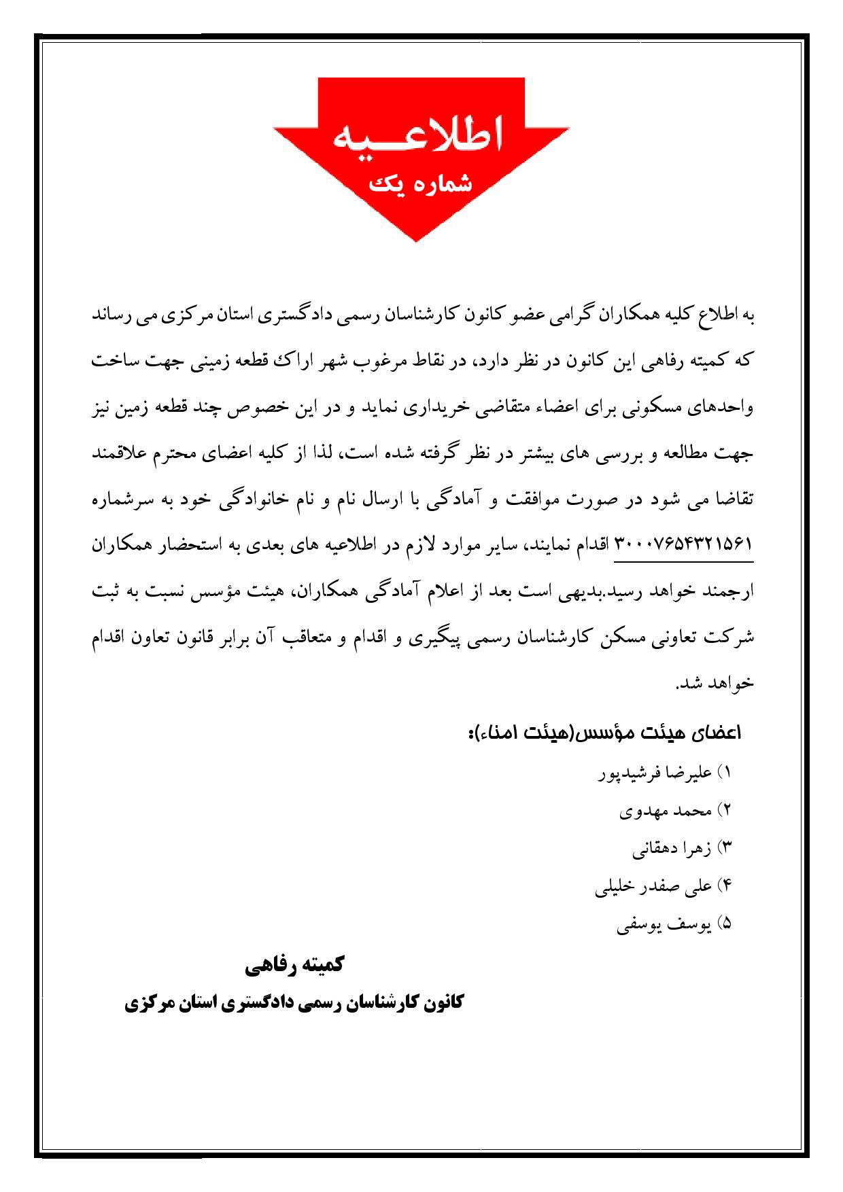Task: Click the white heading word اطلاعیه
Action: (x=418, y=136)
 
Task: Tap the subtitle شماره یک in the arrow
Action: (x=419, y=183)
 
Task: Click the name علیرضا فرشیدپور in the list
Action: (x=655, y=773)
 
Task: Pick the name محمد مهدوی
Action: (x=666, y=811)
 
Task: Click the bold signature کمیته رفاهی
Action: (x=295, y=965)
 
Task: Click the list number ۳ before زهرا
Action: (x=725, y=848)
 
